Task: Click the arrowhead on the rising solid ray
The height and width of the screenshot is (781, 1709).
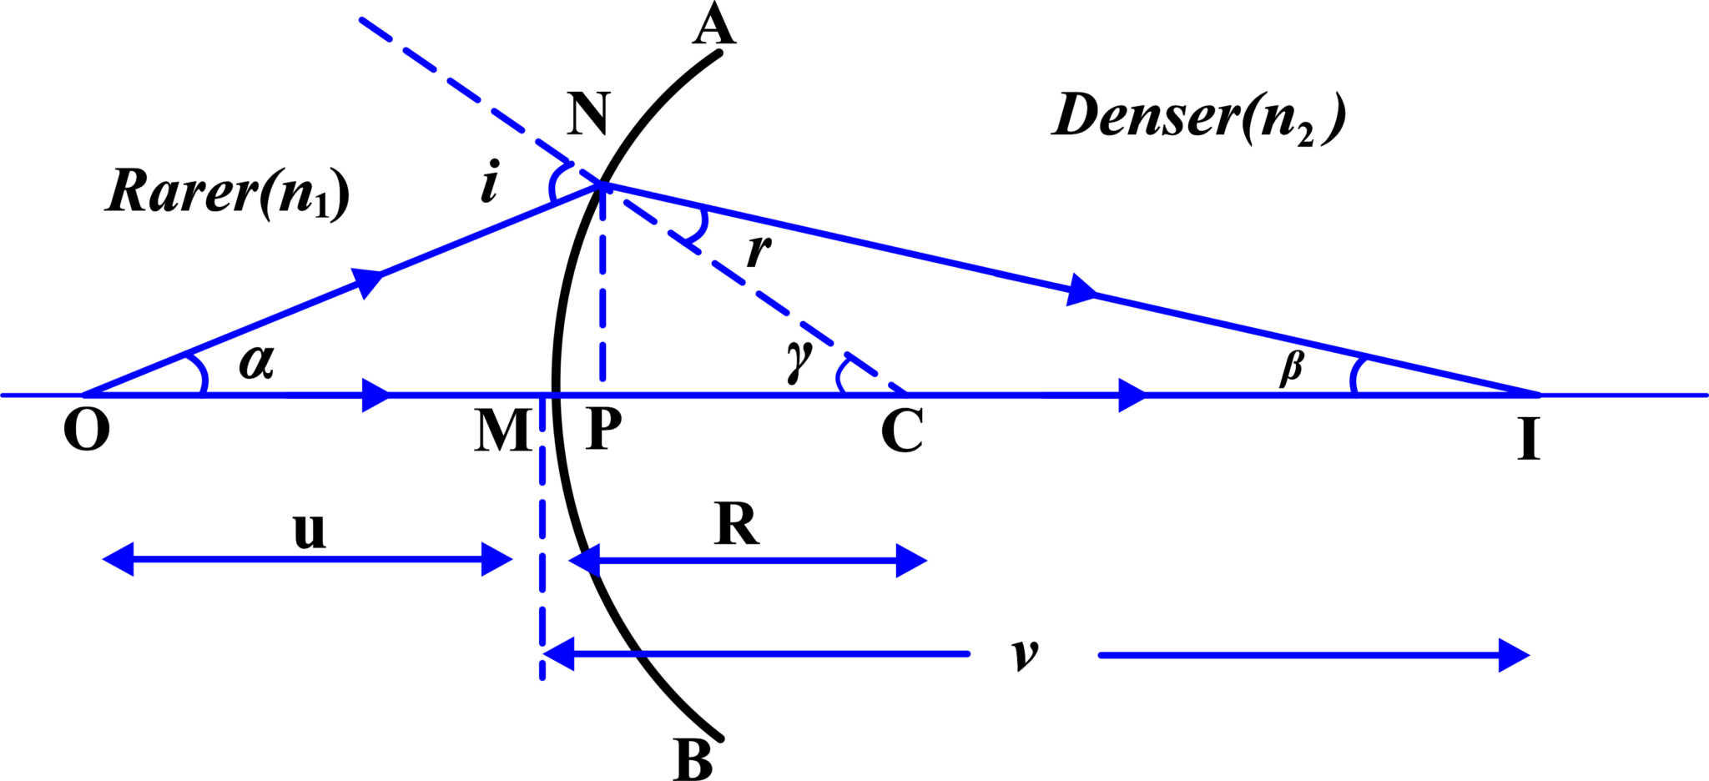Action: click(x=370, y=281)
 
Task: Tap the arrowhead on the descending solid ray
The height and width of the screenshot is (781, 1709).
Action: click(x=1082, y=290)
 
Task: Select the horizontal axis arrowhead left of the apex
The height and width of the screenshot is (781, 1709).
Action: click(x=377, y=395)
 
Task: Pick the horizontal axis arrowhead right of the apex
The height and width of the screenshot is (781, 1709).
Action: click(x=1133, y=395)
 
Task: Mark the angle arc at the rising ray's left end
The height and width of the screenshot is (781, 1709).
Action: click(x=200, y=374)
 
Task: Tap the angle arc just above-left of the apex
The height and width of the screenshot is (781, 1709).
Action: click(x=554, y=182)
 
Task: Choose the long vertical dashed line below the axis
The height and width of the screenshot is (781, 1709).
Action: click(x=542, y=534)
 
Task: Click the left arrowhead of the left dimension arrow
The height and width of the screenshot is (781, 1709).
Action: click(x=118, y=559)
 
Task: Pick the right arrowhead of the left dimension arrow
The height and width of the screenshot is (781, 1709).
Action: click(x=497, y=559)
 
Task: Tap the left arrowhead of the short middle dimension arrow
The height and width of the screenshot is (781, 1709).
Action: click(x=583, y=560)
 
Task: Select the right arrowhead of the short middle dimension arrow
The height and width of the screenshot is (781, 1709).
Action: click(x=912, y=561)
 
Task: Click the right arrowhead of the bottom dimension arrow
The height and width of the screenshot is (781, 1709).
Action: click(x=1515, y=655)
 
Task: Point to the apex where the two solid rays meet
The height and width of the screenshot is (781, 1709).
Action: click(x=602, y=184)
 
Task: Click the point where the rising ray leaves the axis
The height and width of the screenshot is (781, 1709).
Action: click(x=85, y=395)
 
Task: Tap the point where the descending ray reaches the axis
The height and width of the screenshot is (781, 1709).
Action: click(x=1538, y=395)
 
